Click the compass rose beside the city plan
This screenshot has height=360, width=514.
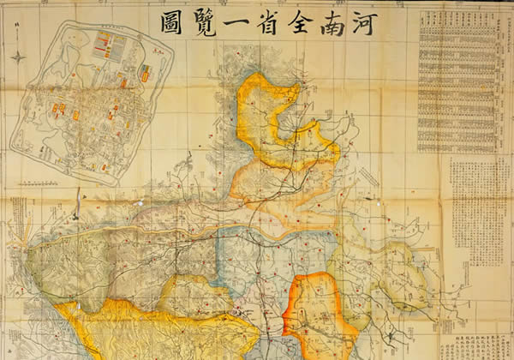click(18, 57)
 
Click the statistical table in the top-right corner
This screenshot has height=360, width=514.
click(458, 81)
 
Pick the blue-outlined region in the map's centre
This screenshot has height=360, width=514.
click(257, 257)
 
